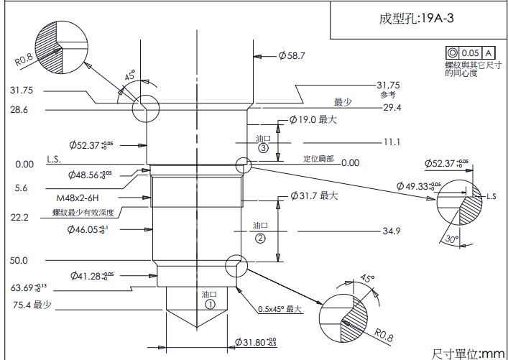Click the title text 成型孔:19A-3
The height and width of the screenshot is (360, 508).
[x=416, y=19]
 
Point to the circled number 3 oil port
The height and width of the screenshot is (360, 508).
[x=263, y=148]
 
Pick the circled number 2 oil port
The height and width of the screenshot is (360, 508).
[x=260, y=237]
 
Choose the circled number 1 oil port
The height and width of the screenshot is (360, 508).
[x=210, y=304]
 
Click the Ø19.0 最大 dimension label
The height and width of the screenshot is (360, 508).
[x=312, y=120]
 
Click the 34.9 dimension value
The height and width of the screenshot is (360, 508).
[x=391, y=231]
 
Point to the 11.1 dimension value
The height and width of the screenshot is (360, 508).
[x=391, y=142]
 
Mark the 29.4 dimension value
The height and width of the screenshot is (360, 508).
[x=392, y=107]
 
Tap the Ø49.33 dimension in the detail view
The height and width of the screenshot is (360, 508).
[x=422, y=186]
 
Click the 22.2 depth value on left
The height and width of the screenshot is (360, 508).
[x=19, y=217]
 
